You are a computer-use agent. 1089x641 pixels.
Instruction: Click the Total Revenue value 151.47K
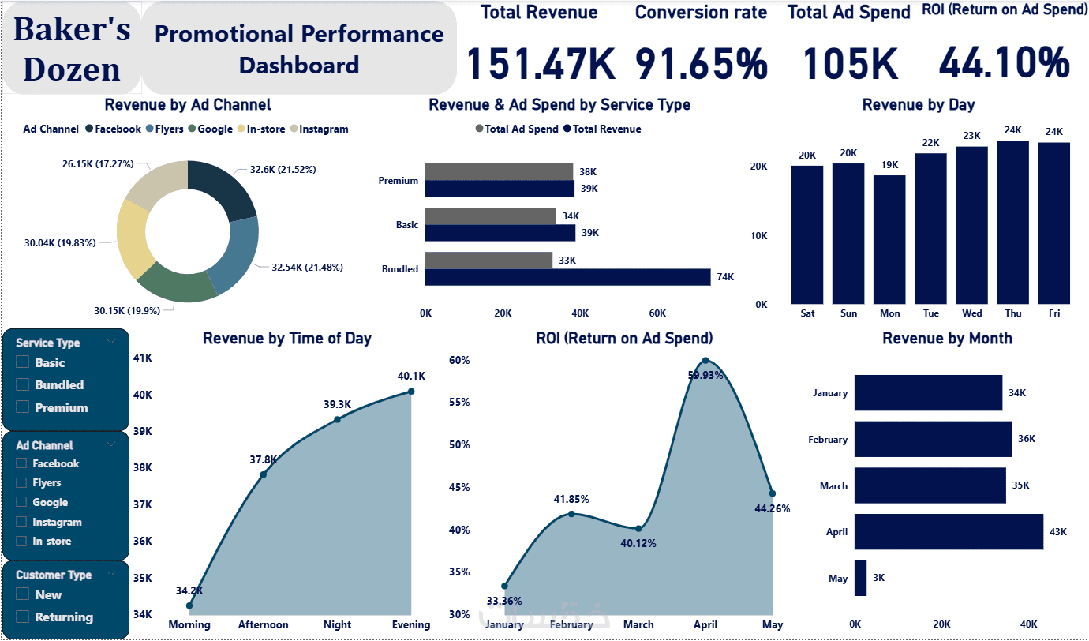coord(540,63)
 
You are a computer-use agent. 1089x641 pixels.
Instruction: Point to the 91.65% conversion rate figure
coord(701,63)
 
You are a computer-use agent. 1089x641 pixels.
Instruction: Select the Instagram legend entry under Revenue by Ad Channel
coord(324,129)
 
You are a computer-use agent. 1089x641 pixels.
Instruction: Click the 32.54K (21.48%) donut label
coord(307,268)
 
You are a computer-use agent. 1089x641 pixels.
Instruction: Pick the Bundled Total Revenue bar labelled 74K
coord(568,276)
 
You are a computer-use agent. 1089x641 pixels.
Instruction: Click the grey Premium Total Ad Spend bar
coord(499,171)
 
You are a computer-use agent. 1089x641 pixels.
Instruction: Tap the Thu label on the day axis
coord(1013,313)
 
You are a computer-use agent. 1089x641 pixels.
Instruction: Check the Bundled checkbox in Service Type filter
coord(22,384)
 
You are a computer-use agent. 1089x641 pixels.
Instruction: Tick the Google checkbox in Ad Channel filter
coord(22,502)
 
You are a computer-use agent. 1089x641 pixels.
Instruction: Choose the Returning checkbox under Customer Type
coord(22,617)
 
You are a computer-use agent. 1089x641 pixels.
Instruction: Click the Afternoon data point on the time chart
coord(264,474)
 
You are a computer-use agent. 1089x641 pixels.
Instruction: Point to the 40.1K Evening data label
coord(411,377)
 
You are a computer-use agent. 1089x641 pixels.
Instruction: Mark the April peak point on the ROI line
coord(705,362)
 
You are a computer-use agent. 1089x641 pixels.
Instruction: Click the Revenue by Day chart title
coord(918,105)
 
